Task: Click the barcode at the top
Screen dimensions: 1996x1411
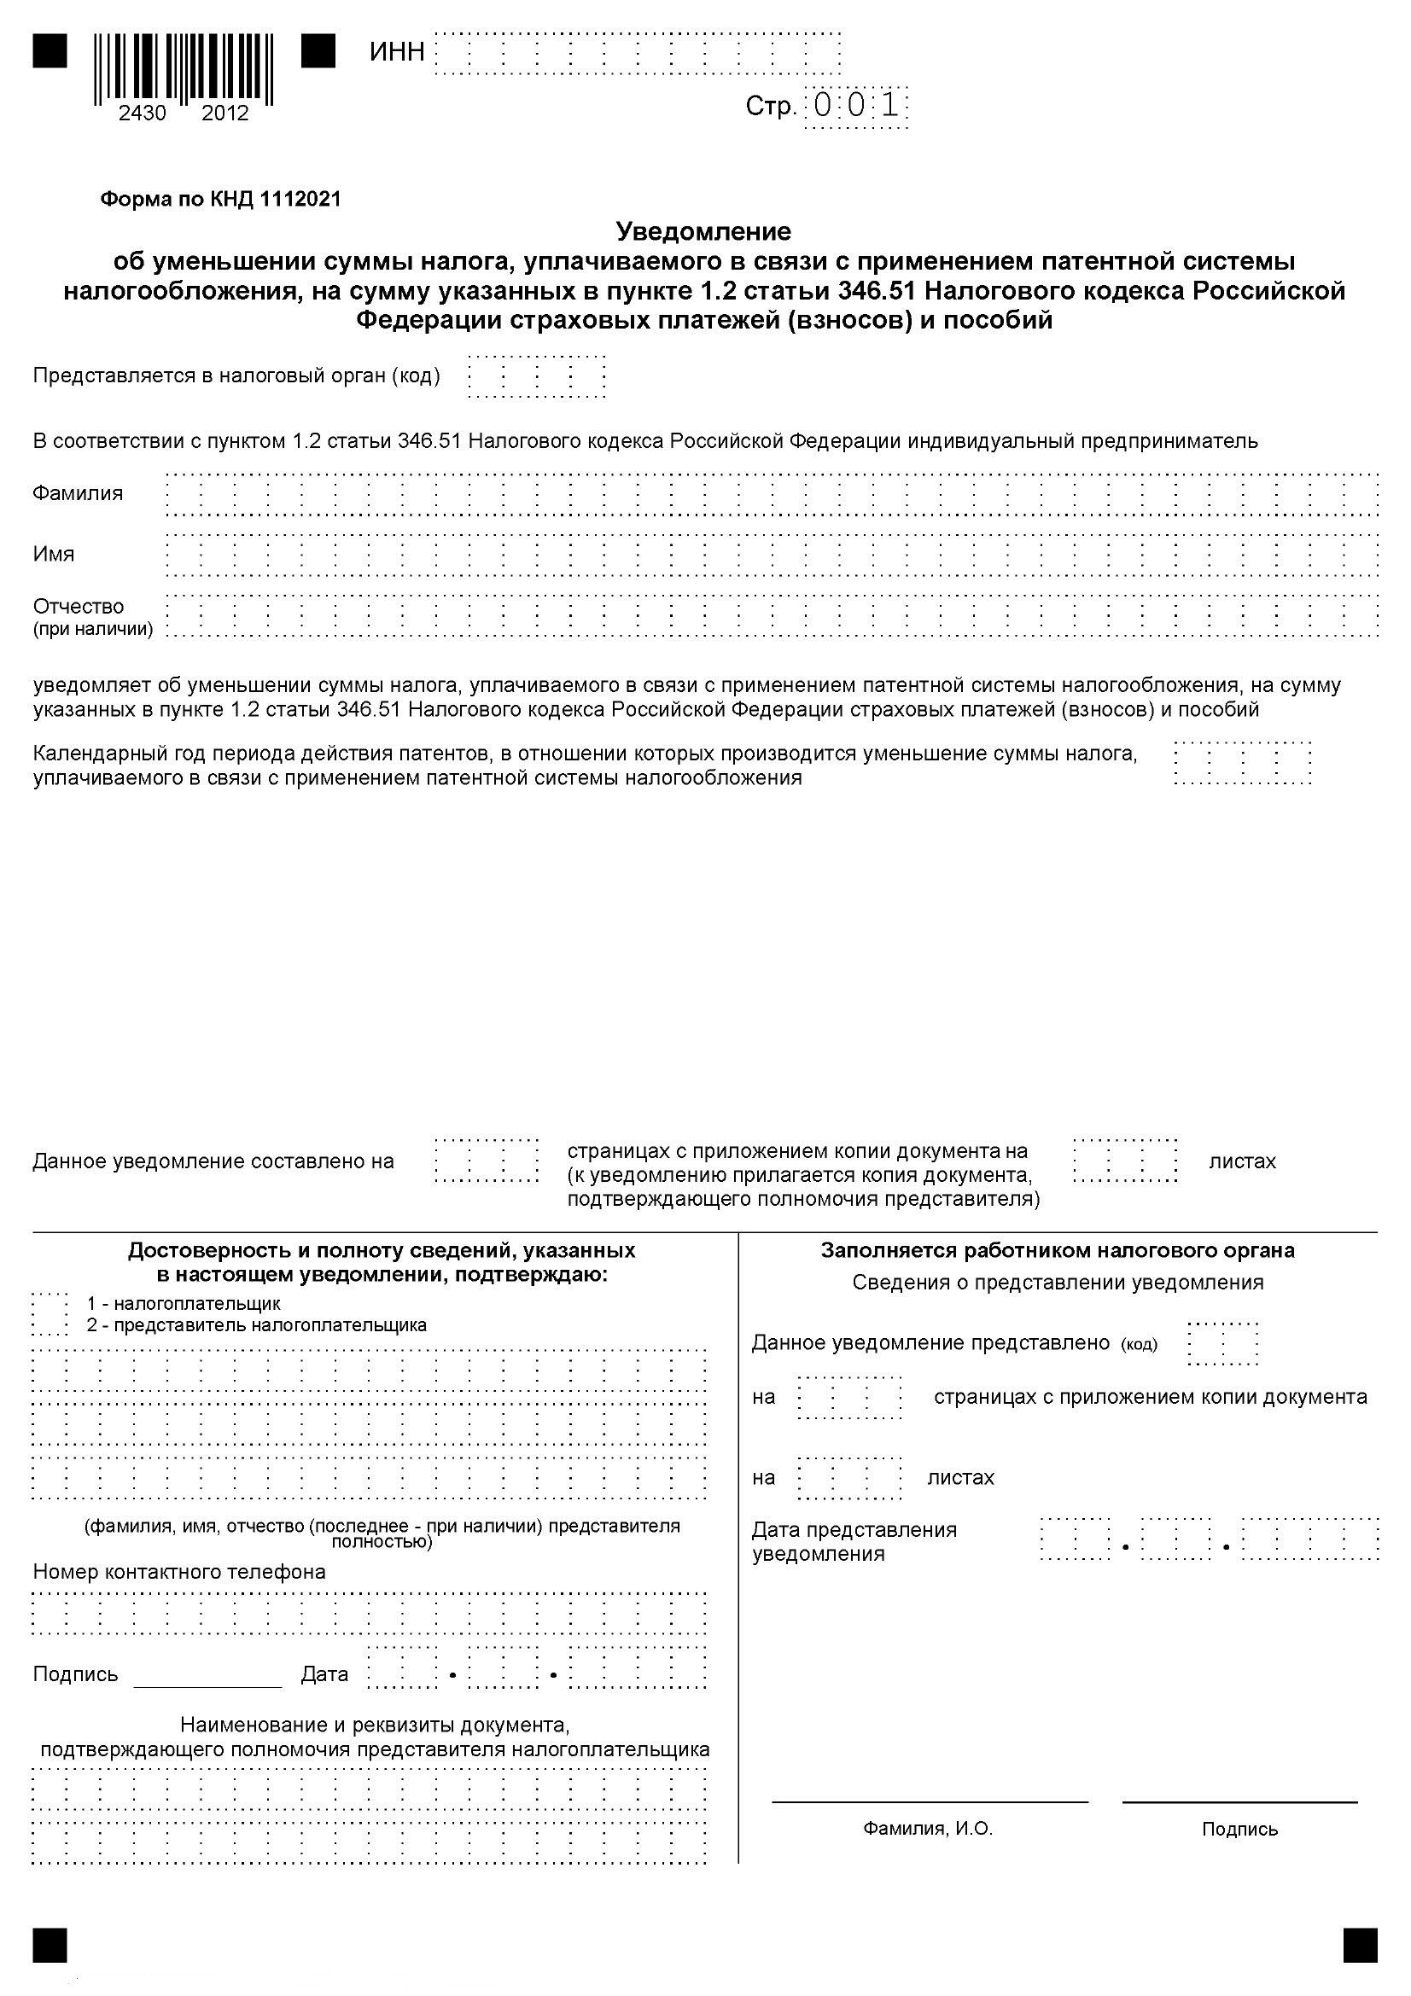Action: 184,67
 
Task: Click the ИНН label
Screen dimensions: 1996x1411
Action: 396,52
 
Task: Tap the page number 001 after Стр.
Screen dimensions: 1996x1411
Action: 856,107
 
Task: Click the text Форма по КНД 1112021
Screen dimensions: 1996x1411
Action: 221,199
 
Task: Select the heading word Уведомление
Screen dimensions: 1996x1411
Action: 703,231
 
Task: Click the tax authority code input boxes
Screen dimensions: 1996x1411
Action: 536,377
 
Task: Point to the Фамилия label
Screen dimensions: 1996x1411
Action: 78,493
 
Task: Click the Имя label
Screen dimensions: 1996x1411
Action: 53,554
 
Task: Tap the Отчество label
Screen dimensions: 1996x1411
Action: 79,606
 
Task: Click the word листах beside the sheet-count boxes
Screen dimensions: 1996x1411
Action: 1241,1161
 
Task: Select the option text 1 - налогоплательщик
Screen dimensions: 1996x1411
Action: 184,1304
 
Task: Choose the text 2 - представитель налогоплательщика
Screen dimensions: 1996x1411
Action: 256,1326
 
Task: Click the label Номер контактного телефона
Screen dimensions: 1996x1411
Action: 179,1572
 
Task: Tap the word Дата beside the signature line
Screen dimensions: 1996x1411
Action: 324,1674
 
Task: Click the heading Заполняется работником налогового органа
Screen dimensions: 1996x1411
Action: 1057,1251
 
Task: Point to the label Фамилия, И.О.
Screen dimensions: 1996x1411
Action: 928,1829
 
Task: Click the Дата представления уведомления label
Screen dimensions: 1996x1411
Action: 854,1541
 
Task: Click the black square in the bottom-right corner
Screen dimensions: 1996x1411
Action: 1360,1946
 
